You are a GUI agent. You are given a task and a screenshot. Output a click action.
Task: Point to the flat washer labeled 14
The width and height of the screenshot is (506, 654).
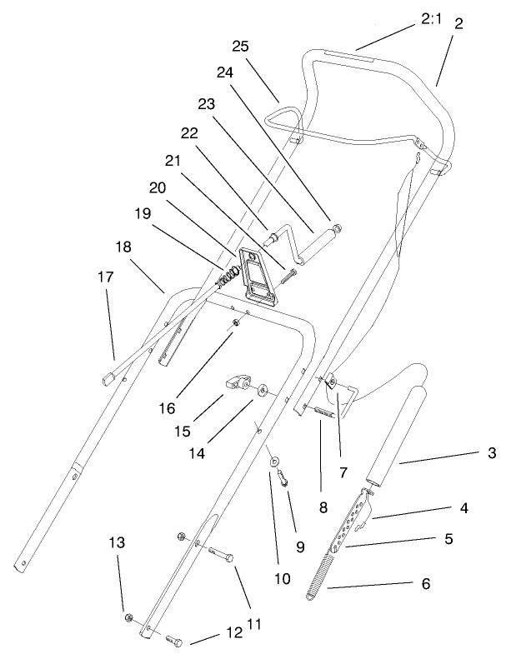tap(263, 389)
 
